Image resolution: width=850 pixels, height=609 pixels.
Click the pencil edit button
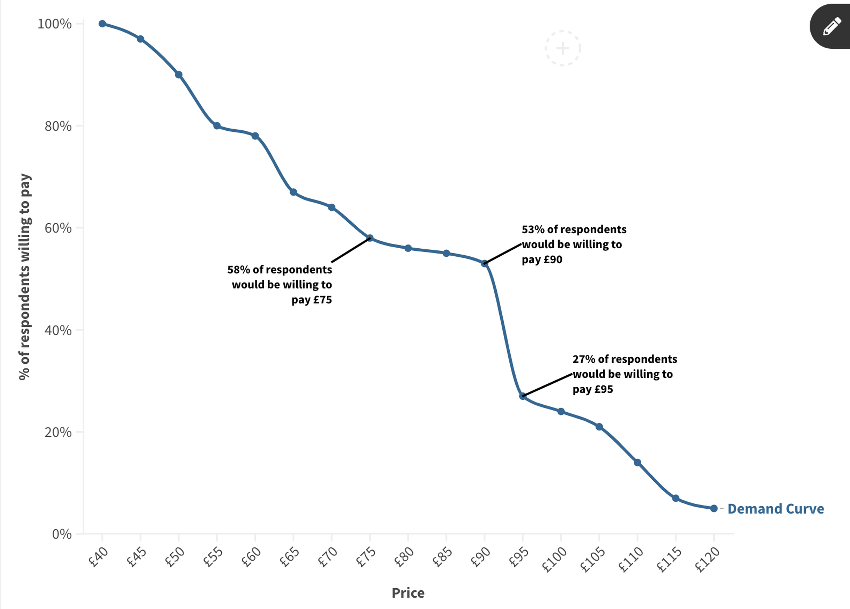pyautogui.click(x=831, y=27)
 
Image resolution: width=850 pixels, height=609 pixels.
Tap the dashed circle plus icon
pyautogui.click(x=563, y=48)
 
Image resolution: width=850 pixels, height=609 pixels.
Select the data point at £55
pyautogui.click(x=217, y=126)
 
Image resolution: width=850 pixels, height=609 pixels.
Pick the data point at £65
pyautogui.click(x=293, y=192)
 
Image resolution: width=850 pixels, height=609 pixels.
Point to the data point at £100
pyautogui.click(x=561, y=412)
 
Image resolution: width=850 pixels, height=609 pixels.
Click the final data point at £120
pyautogui.click(x=714, y=508)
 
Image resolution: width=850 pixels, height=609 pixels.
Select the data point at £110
pyautogui.click(x=637, y=462)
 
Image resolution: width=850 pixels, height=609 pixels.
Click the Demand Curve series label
pyautogui.click(x=775, y=509)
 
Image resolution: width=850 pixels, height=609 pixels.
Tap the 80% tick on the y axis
pyautogui.click(x=58, y=126)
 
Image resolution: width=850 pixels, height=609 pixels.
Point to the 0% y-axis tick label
pyautogui.click(x=62, y=534)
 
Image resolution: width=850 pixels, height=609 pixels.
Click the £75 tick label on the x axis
pyautogui.click(x=366, y=557)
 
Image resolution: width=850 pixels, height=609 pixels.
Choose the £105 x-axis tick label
pyautogui.click(x=593, y=559)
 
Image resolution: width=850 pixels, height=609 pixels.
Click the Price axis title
pyautogui.click(x=408, y=593)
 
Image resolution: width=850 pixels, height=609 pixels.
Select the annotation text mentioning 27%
pyautogui.click(x=625, y=374)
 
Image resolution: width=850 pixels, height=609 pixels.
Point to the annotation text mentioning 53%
pyautogui.click(x=574, y=244)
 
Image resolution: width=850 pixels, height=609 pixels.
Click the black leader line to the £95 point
pyautogui.click(x=547, y=385)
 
